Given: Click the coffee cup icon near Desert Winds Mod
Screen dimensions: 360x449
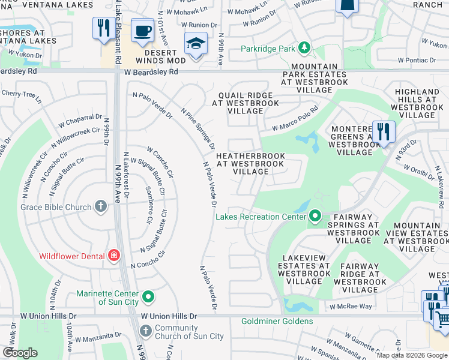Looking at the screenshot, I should [x=142, y=31].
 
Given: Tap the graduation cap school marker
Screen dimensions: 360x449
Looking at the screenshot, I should [x=196, y=44].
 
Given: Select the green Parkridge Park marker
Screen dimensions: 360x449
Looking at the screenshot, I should [x=304, y=47].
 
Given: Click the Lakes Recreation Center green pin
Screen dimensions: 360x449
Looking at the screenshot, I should [x=315, y=216].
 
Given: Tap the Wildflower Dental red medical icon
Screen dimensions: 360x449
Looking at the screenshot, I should [x=114, y=256].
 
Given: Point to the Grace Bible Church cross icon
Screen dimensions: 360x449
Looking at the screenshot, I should [x=100, y=207].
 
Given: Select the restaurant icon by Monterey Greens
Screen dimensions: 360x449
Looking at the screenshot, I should [x=382, y=131].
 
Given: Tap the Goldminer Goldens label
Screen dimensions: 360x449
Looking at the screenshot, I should [x=277, y=321].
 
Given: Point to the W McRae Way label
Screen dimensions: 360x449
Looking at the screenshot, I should [x=349, y=306].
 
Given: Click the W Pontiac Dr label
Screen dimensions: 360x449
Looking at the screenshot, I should [x=416, y=60].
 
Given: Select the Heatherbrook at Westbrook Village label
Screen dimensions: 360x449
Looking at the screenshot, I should [x=250, y=163].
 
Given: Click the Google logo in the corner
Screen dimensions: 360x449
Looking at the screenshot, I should [x=20, y=353].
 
